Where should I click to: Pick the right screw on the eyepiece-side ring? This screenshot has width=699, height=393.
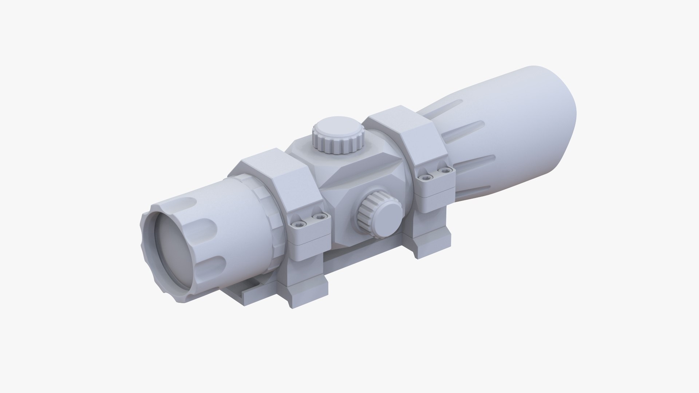[x=320, y=217]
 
